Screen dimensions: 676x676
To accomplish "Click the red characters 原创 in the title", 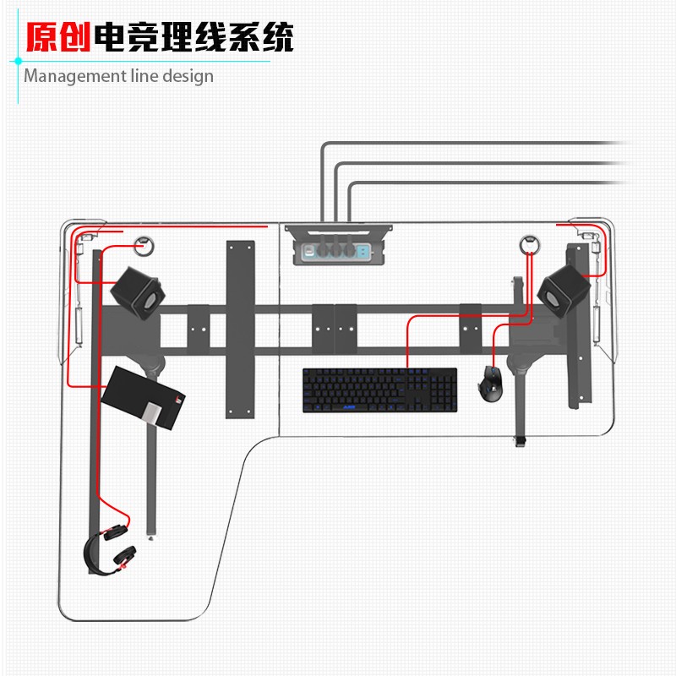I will click(58, 37).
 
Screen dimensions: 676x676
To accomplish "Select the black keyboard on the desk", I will click(380, 390).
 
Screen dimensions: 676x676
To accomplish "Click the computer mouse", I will click(491, 384).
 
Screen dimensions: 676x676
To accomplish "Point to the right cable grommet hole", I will click(529, 243).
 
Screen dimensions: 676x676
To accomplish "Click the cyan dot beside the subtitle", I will click(17, 61).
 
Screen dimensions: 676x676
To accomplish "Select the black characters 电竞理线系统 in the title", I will click(194, 37).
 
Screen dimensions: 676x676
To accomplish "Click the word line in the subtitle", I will click(140, 76).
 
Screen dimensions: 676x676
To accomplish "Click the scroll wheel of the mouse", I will click(491, 373).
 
